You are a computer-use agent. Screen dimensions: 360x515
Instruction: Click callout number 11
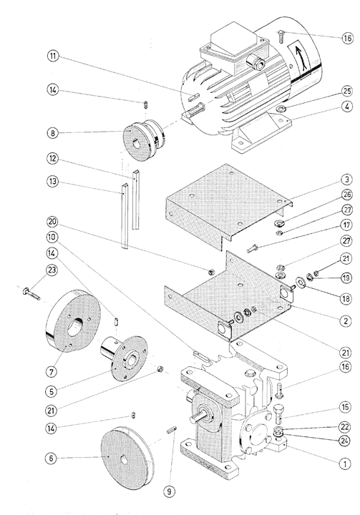(x=52, y=57)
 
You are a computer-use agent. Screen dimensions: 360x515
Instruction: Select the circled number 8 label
(x=52, y=133)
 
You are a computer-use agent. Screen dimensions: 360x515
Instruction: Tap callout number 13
(x=52, y=182)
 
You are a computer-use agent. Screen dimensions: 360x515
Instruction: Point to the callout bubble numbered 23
(x=52, y=270)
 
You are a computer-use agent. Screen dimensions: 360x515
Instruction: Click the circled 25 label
(x=347, y=91)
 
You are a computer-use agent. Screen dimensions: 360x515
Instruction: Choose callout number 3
(x=347, y=180)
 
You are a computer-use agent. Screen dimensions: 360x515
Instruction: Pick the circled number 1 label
(x=345, y=464)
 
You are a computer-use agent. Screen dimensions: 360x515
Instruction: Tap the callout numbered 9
(x=169, y=491)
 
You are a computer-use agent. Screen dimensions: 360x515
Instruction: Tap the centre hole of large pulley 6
(x=124, y=461)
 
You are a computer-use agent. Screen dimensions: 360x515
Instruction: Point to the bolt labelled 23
(x=31, y=293)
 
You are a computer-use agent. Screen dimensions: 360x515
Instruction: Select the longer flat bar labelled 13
(x=124, y=217)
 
